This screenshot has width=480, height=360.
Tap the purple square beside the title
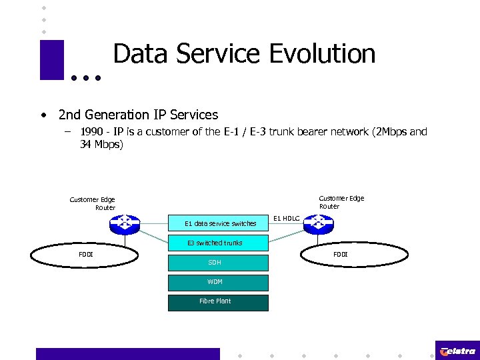point(52,60)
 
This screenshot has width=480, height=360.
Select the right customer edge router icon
point(317,225)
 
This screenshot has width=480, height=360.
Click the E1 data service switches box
point(220,223)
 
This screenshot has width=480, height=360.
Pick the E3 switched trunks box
point(215,243)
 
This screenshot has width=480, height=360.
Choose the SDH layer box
point(215,263)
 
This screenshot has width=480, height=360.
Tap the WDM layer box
point(215,282)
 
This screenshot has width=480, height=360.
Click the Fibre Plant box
point(215,301)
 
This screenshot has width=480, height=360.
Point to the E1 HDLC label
point(287,219)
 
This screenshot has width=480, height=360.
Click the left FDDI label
point(86,254)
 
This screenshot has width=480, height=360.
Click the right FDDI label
point(340,254)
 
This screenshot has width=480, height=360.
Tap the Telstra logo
point(457,351)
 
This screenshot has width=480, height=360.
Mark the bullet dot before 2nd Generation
point(43,115)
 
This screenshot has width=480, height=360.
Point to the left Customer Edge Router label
point(93,203)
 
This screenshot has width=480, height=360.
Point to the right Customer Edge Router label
point(341,202)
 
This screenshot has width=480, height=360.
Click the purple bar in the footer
point(127,353)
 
